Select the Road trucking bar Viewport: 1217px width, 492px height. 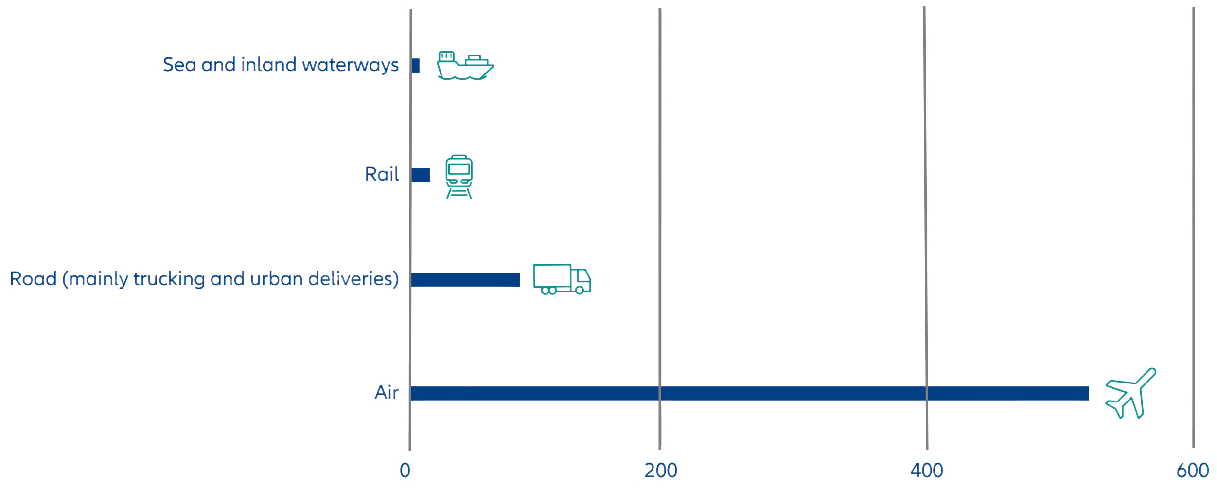[x=466, y=279]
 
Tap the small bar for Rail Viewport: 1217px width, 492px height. [x=421, y=175]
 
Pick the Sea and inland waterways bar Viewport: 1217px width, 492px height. [x=416, y=65]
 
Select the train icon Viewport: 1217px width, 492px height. [x=459, y=176]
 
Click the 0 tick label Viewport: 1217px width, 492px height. [x=405, y=470]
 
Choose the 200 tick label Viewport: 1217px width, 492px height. [x=660, y=470]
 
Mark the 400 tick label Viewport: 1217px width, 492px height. [x=927, y=470]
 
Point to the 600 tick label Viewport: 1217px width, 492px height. [x=1192, y=470]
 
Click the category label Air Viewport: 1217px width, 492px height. [x=387, y=393]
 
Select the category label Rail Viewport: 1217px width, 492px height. [x=382, y=174]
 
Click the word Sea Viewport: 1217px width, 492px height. [x=179, y=65]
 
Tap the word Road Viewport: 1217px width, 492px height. [x=33, y=279]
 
